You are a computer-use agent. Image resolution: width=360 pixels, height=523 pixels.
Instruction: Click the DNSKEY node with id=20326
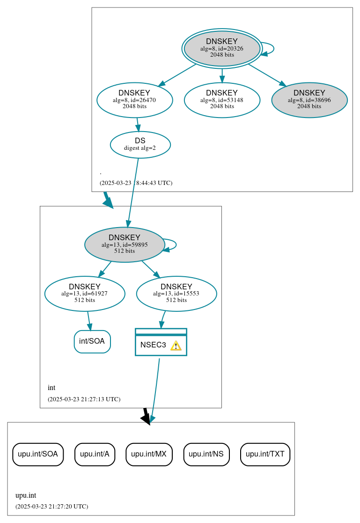[222, 48]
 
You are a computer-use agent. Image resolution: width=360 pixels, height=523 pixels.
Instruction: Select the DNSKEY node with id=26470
[134, 100]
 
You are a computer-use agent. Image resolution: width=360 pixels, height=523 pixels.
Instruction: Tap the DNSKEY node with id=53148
[222, 100]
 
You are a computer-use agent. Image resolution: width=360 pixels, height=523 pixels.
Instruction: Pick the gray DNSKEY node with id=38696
[309, 100]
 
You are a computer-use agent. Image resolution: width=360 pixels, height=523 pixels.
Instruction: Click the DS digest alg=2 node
[140, 144]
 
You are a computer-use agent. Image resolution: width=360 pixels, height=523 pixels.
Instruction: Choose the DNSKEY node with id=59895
[124, 244]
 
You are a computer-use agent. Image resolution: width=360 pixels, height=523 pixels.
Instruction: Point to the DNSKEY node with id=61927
[85, 294]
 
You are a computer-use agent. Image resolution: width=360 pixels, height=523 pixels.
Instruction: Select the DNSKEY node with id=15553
[176, 294]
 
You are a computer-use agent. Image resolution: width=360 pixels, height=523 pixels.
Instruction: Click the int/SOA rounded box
[92, 341]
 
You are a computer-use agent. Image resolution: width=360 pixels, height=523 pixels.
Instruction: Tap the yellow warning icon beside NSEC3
[176, 346]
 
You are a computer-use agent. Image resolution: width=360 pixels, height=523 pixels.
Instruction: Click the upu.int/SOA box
[37, 454]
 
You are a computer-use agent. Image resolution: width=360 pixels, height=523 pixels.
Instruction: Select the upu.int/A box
[95, 454]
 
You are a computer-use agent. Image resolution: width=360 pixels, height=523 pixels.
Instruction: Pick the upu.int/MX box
[149, 454]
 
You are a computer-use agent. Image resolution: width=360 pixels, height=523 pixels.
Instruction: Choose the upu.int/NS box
[206, 454]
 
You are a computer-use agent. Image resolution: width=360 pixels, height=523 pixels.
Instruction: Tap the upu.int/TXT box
[265, 454]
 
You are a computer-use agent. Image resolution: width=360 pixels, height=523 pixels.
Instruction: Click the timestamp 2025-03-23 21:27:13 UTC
[84, 399]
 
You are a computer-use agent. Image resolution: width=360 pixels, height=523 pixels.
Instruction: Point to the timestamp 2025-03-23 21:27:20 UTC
[51, 507]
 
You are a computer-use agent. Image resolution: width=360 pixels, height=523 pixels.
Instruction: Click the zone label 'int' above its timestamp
[51, 388]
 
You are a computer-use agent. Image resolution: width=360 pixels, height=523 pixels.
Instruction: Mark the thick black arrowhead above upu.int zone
[147, 419]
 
